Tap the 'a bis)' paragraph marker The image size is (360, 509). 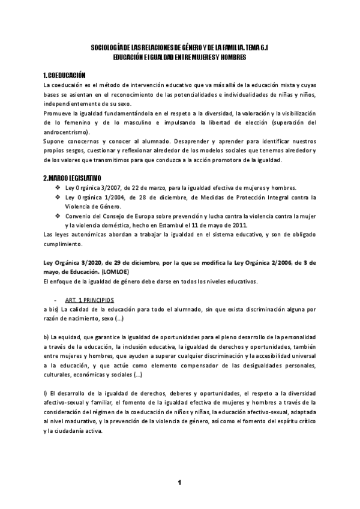click(x=52, y=309)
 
